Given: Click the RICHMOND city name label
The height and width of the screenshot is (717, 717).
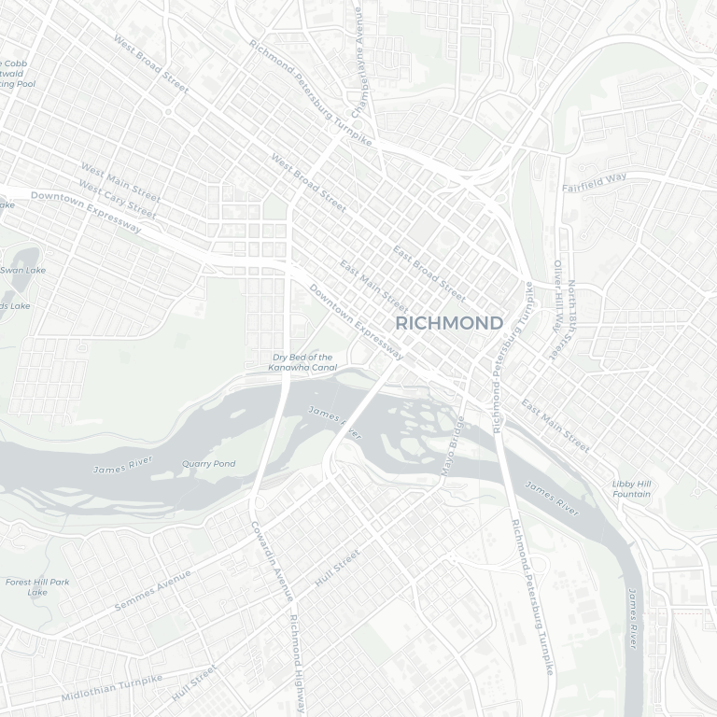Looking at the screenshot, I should click(x=449, y=323).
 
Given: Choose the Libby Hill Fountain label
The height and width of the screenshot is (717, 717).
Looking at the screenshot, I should click(x=631, y=488).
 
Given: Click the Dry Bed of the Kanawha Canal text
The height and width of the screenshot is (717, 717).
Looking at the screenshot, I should click(x=302, y=362).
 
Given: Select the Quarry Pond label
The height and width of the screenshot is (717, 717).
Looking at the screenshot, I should click(x=208, y=464).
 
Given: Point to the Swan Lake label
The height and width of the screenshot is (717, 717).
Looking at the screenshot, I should click(x=22, y=270).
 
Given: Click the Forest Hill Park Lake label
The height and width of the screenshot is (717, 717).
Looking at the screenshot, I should click(x=37, y=586).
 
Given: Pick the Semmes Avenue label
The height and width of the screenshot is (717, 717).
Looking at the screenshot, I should click(x=152, y=591).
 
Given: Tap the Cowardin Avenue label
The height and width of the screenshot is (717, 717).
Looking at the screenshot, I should click(x=272, y=560).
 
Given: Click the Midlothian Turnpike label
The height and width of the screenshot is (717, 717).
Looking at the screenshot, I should click(x=111, y=689).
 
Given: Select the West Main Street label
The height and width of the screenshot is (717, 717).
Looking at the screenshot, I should click(x=119, y=181).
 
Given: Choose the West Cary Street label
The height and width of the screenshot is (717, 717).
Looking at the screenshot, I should click(x=118, y=200).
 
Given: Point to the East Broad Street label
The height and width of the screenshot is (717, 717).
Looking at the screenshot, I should click(x=429, y=274).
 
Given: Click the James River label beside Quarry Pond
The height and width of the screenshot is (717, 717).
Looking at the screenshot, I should click(x=122, y=464).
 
